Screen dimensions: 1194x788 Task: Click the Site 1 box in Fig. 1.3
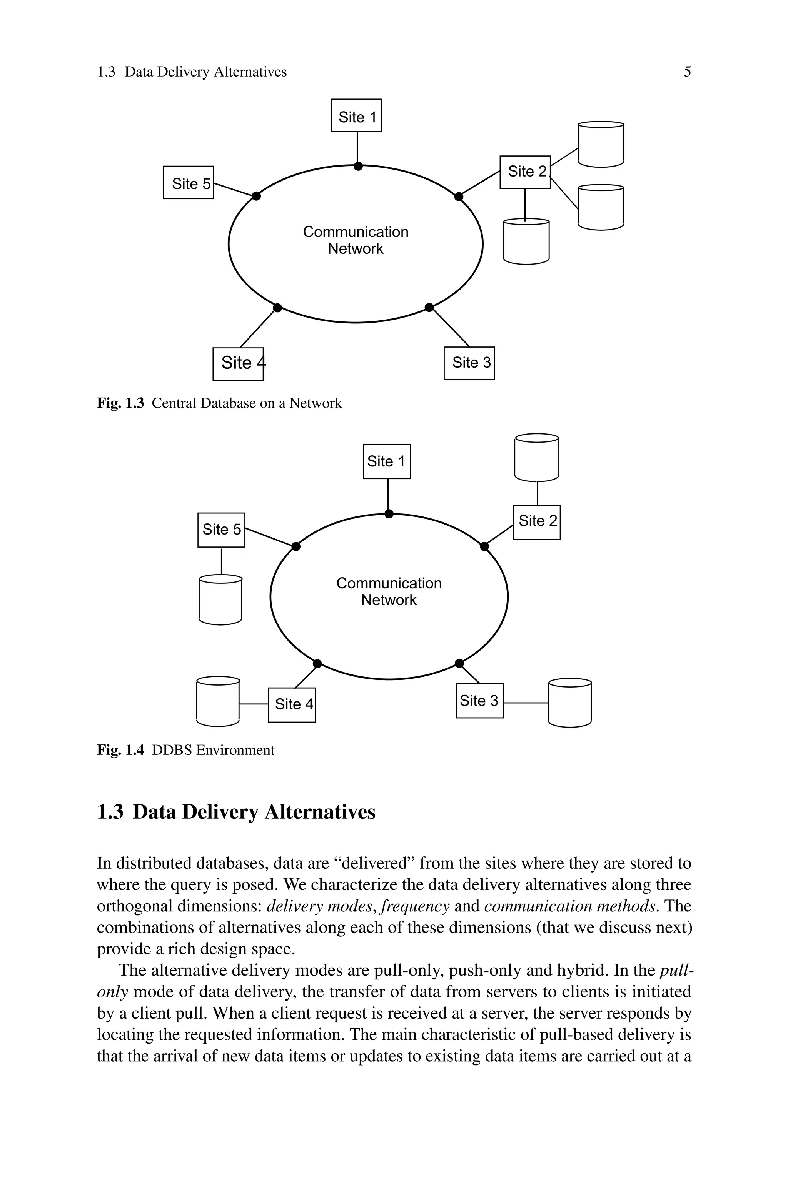tap(356, 115)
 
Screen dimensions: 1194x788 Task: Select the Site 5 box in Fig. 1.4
tap(221, 530)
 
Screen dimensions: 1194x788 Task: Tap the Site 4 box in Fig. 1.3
tap(238, 363)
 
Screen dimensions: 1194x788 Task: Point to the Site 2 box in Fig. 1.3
tap(525, 172)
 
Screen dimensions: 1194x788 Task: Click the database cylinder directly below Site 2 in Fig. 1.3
tap(526, 242)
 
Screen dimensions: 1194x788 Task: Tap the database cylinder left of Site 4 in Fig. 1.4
tap(218, 701)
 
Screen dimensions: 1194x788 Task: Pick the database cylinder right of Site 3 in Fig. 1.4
tap(570, 703)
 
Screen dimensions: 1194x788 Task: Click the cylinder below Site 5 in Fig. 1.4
tap(220, 600)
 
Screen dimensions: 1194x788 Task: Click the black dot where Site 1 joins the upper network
tap(358, 166)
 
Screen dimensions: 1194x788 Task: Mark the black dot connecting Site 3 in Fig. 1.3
tap(429, 307)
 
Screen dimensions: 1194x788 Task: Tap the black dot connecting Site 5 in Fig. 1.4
tap(296, 546)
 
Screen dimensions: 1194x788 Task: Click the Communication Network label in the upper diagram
tap(356, 240)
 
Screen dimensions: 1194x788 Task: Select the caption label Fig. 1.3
tap(120, 403)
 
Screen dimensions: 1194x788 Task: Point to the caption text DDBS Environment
tap(213, 750)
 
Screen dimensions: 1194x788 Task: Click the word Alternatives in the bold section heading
tap(320, 812)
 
